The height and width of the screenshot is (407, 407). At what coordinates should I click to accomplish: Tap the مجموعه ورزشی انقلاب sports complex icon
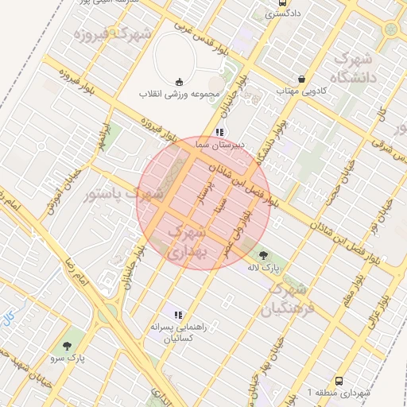[x=178, y=80]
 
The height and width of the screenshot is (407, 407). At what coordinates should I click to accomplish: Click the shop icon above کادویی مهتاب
[x=302, y=79]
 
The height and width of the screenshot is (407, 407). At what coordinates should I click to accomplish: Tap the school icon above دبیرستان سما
[x=219, y=133]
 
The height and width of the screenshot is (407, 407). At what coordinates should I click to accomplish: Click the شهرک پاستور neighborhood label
[x=126, y=193]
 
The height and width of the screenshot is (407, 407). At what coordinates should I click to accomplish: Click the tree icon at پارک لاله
[x=263, y=254]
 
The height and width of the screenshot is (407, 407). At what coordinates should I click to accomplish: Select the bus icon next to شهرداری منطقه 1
[x=340, y=382]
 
